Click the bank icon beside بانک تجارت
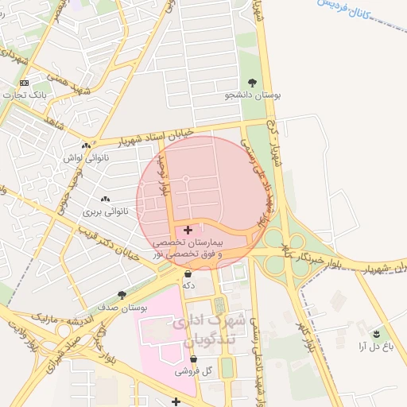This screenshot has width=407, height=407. tap(24, 83)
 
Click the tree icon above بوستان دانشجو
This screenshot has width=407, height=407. tap(252, 83)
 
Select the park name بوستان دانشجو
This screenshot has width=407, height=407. tap(252, 95)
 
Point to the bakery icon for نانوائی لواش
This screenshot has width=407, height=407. tap(86, 146)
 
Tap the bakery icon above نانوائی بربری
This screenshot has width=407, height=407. tap(104, 200)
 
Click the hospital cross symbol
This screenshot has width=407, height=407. tap(188, 230)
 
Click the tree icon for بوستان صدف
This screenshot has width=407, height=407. tap(122, 295)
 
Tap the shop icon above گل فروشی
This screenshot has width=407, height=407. tap(193, 359)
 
